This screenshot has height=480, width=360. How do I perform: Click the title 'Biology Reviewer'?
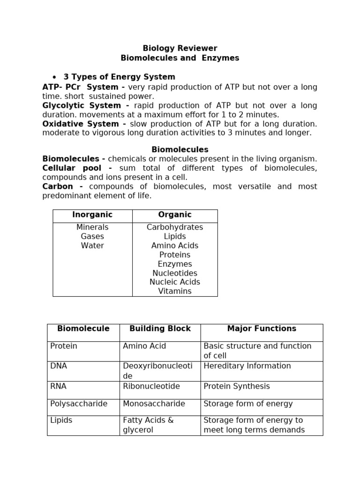(180, 48)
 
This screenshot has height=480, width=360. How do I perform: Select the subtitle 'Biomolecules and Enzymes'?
(180, 58)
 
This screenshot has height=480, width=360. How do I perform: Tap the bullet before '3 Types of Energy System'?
(54, 77)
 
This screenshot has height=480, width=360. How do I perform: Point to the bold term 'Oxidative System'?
(80, 124)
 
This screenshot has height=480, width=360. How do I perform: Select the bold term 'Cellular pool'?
(77, 168)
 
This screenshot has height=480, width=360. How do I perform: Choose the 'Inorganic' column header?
(92, 215)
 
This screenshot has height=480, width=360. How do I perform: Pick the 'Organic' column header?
(175, 215)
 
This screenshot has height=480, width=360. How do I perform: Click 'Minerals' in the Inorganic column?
(92, 227)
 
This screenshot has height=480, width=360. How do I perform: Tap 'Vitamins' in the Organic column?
(175, 291)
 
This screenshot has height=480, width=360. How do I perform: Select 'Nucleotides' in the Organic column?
(175, 273)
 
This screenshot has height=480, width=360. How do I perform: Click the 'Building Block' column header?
(160, 329)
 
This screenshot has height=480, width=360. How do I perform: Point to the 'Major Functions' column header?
(262, 329)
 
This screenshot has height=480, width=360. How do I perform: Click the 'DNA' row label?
(59, 366)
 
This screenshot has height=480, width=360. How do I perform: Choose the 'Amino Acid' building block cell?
(144, 346)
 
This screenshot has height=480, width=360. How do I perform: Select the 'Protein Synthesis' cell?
(237, 386)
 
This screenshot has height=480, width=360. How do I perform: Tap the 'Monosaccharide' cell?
(154, 404)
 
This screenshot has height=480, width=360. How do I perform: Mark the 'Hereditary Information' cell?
(247, 366)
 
